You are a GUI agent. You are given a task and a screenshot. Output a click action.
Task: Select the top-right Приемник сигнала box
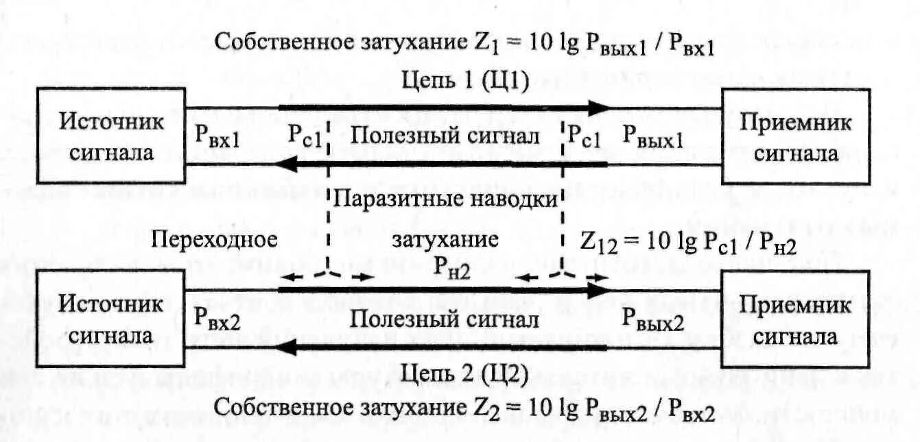796,136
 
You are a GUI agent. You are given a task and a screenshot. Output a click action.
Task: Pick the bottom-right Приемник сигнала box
796,319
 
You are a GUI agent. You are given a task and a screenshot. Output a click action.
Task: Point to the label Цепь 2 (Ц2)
464,374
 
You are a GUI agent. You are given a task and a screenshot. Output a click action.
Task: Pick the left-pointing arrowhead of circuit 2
288,348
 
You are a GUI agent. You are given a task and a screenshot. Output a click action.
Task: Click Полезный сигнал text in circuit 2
443,319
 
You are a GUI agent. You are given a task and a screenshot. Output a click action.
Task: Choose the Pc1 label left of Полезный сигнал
306,137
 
